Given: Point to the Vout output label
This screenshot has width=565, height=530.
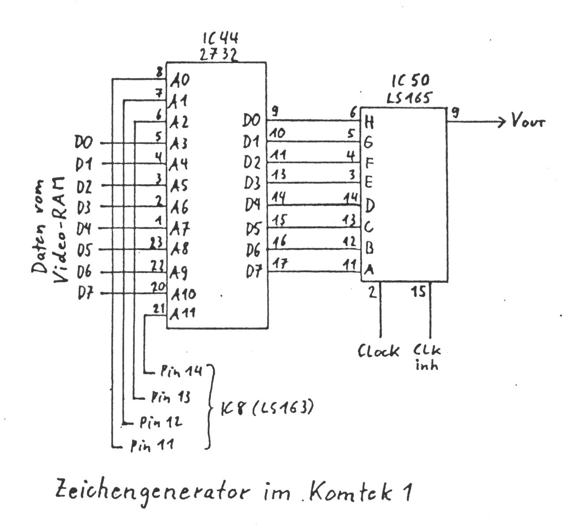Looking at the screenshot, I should (528, 121).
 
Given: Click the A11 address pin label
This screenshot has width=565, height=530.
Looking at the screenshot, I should (183, 314).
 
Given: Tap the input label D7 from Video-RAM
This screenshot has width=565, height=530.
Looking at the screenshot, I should (85, 293).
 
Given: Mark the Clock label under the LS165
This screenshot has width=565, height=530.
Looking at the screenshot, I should (378, 351).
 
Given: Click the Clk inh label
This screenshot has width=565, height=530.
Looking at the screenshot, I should (427, 357).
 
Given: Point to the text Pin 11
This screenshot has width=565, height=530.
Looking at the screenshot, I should (152, 446).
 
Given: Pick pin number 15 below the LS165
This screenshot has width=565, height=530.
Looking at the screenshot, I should (419, 292).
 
